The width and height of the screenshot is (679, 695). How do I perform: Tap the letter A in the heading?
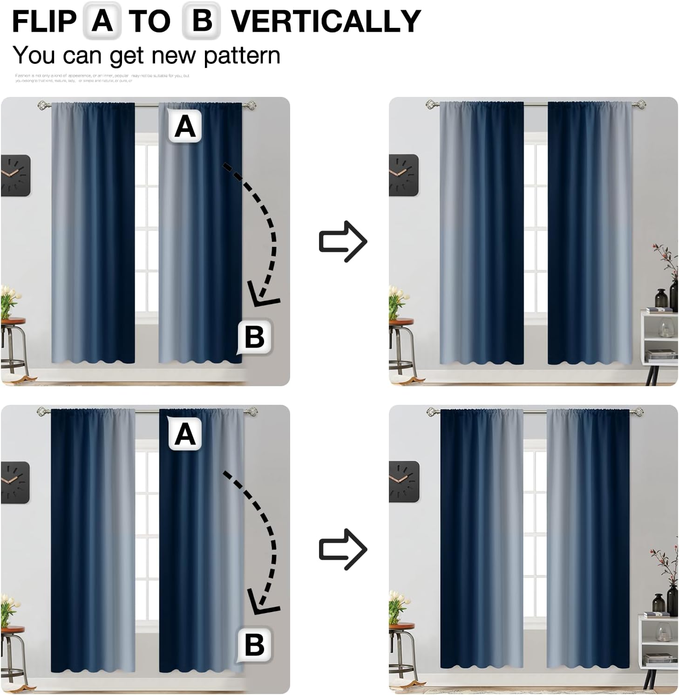[x=102, y=21]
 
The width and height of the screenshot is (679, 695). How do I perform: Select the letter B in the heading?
[x=201, y=21]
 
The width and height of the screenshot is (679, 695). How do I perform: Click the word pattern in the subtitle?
[x=242, y=56]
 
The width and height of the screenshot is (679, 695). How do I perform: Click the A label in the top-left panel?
[x=185, y=126]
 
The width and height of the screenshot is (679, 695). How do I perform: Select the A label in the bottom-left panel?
[x=185, y=434]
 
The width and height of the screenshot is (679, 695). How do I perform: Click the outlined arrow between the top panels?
[x=343, y=241]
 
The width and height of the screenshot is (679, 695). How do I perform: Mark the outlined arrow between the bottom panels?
[x=343, y=549]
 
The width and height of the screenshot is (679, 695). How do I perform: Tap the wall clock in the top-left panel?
[x=15, y=175]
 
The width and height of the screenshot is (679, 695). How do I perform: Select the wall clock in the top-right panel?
[x=403, y=175]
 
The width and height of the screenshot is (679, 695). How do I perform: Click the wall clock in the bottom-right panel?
[x=404, y=481]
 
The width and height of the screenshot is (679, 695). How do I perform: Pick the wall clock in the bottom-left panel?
[x=15, y=482]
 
